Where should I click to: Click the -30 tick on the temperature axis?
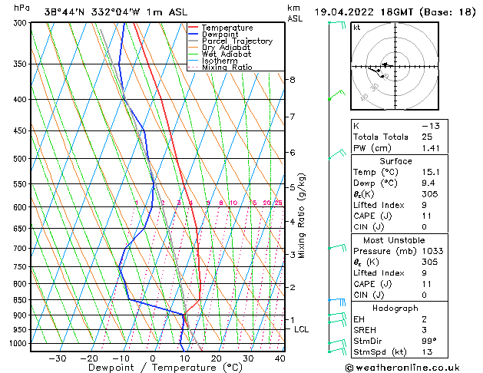[x=58, y=358]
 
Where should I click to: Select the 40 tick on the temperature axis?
[x=279, y=358]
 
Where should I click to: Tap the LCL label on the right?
[x=302, y=329]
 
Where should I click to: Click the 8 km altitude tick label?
[x=292, y=80]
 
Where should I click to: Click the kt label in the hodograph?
[x=356, y=28]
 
